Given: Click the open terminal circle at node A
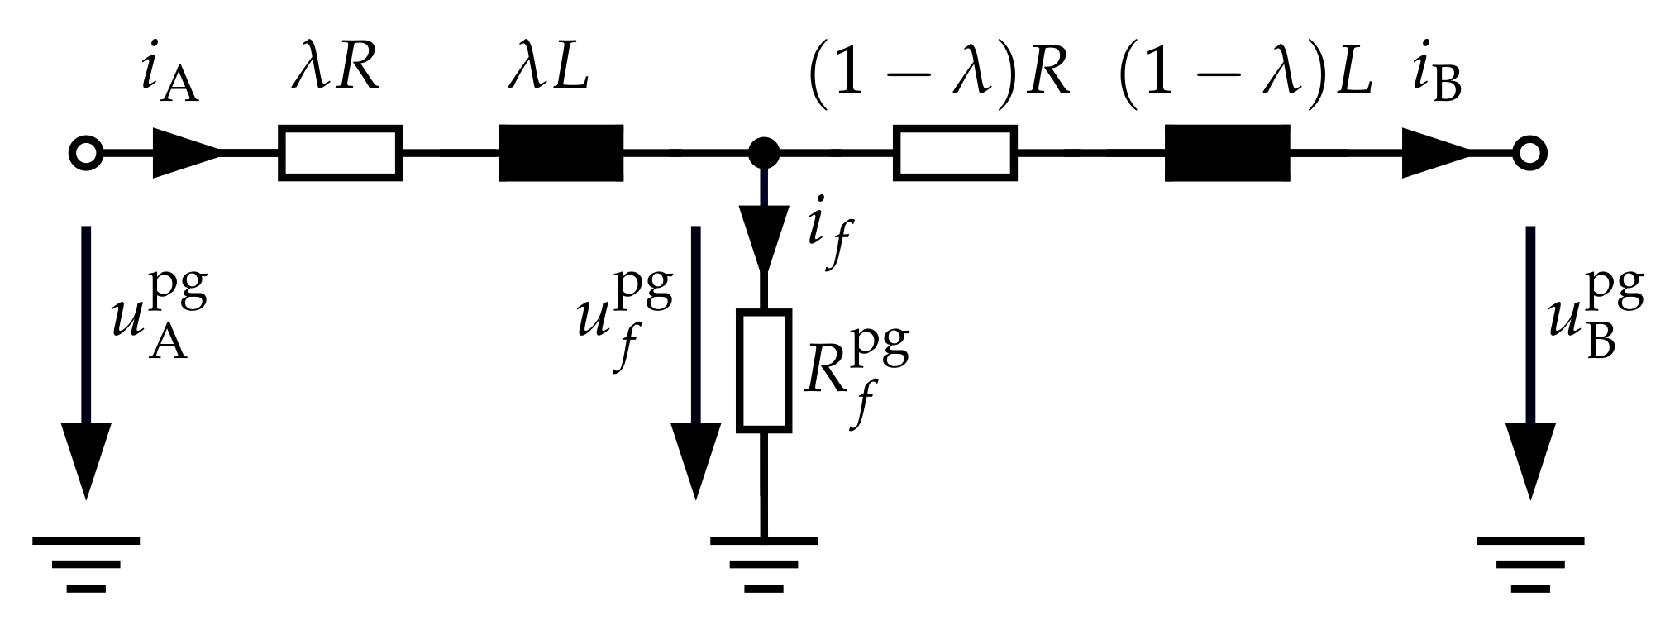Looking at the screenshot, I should tap(85, 153).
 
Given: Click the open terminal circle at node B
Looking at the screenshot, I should tap(1529, 153).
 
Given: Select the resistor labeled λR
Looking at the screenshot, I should tap(341, 153).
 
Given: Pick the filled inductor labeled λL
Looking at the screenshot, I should tap(561, 153).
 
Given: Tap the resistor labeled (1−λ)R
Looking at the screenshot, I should tap(955, 153).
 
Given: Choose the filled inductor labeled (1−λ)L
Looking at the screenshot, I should tap(1227, 153).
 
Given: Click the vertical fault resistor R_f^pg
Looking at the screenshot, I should tap(764, 370).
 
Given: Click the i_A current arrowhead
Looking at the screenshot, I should tap(186, 153).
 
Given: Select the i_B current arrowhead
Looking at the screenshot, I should tap(1436, 153).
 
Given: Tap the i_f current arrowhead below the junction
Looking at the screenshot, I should tap(764, 240).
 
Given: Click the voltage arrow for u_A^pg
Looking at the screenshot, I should tap(85, 364).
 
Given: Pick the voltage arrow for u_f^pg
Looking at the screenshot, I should tap(695, 364).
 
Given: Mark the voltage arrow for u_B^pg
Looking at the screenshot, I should tap(1529, 364).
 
